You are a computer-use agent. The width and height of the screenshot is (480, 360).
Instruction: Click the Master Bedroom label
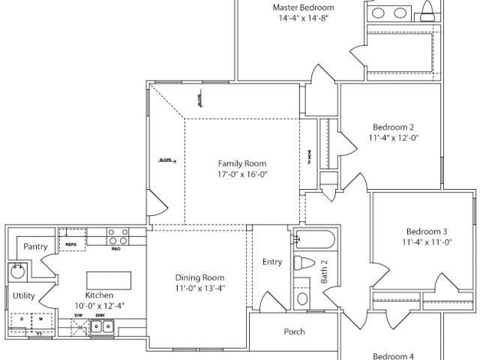point(303,7)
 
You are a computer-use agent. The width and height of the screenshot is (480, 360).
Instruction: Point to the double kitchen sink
point(102,326)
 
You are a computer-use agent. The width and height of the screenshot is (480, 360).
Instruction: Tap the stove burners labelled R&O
point(116,237)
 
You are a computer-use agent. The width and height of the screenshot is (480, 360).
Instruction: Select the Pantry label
point(36,246)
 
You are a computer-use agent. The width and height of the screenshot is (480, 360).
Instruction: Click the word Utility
point(23,295)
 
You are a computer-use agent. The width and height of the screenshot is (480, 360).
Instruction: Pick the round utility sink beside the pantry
point(16,270)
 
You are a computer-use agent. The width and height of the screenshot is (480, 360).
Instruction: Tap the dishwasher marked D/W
point(78,325)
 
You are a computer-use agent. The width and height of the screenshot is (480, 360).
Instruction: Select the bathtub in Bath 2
point(314,240)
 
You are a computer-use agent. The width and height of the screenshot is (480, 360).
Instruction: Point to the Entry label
point(272,262)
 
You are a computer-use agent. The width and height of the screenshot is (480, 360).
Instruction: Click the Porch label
point(294,331)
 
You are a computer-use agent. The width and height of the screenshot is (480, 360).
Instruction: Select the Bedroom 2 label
point(391,127)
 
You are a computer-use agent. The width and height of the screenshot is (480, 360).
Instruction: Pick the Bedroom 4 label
point(394,356)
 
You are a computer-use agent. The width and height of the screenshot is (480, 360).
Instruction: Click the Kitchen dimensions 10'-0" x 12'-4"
point(100,306)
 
